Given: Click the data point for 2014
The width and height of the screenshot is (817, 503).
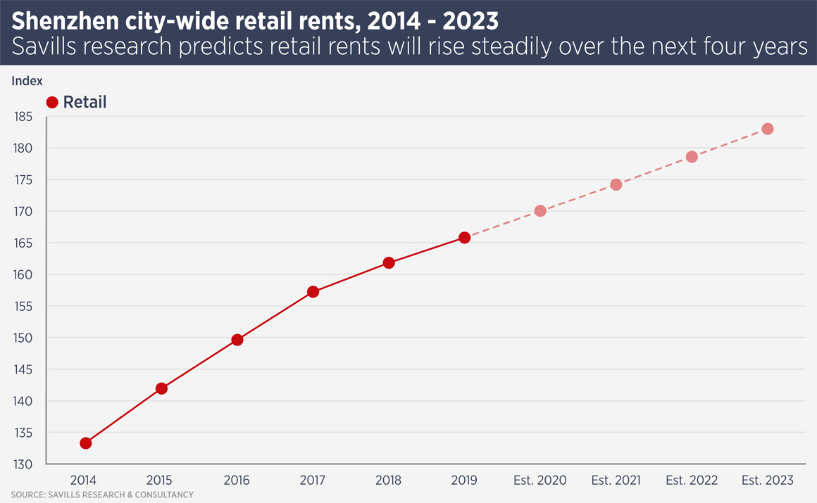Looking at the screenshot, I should coord(86,443).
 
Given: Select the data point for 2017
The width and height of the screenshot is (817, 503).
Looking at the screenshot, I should coord(313,292).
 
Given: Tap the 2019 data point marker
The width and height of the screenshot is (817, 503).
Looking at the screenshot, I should coord(465,238).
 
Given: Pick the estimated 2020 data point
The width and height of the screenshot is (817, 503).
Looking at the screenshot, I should coord(540,211).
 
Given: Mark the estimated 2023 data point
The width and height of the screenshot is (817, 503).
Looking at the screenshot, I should coord(768,129).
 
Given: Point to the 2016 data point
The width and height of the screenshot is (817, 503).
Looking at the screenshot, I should coord(237,340).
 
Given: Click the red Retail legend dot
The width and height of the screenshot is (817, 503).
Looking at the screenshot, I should coord(52,103).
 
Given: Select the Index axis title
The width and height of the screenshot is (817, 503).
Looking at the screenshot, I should coord(27,81).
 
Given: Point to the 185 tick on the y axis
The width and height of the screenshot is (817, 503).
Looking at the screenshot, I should coord(24,117).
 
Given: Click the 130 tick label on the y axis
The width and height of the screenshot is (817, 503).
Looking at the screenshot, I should coord(24,464).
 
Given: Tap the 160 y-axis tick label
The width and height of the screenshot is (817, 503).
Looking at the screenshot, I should coord(24,275).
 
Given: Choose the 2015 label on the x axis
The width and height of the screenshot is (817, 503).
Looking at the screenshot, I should coord(160,480).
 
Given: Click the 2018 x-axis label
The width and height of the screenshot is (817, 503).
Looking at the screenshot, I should coord(388,480).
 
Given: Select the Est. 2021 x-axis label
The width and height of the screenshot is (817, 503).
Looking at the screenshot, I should coord(616,480).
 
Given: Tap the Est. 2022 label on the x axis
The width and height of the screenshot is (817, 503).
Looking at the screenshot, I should coord(692,480).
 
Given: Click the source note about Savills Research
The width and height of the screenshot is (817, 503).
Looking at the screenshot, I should coord(102,495).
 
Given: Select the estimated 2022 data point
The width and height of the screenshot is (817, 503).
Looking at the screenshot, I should coord(692,157).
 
